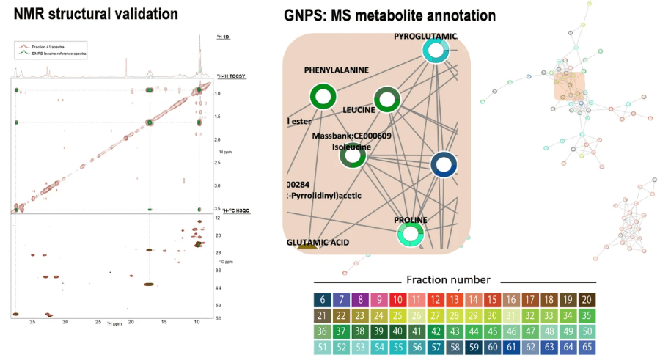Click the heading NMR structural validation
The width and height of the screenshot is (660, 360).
[x=95, y=13]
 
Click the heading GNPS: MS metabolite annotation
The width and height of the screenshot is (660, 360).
[x=389, y=15]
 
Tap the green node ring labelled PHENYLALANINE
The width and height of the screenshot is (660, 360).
[x=323, y=97]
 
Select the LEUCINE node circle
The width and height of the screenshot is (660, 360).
[x=387, y=100]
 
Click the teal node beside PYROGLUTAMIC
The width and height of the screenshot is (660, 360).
[x=436, y=50]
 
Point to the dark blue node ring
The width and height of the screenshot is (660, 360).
[x=443, y=165]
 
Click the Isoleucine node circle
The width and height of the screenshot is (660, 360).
[x=353, y=155]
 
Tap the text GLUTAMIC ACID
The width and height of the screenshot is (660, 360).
[x=318, y=242]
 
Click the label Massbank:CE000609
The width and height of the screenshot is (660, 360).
[x=352, y=136]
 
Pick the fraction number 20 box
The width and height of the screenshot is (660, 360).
[x=587, y=299]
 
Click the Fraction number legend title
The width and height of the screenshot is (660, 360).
[x=448, y=279]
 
